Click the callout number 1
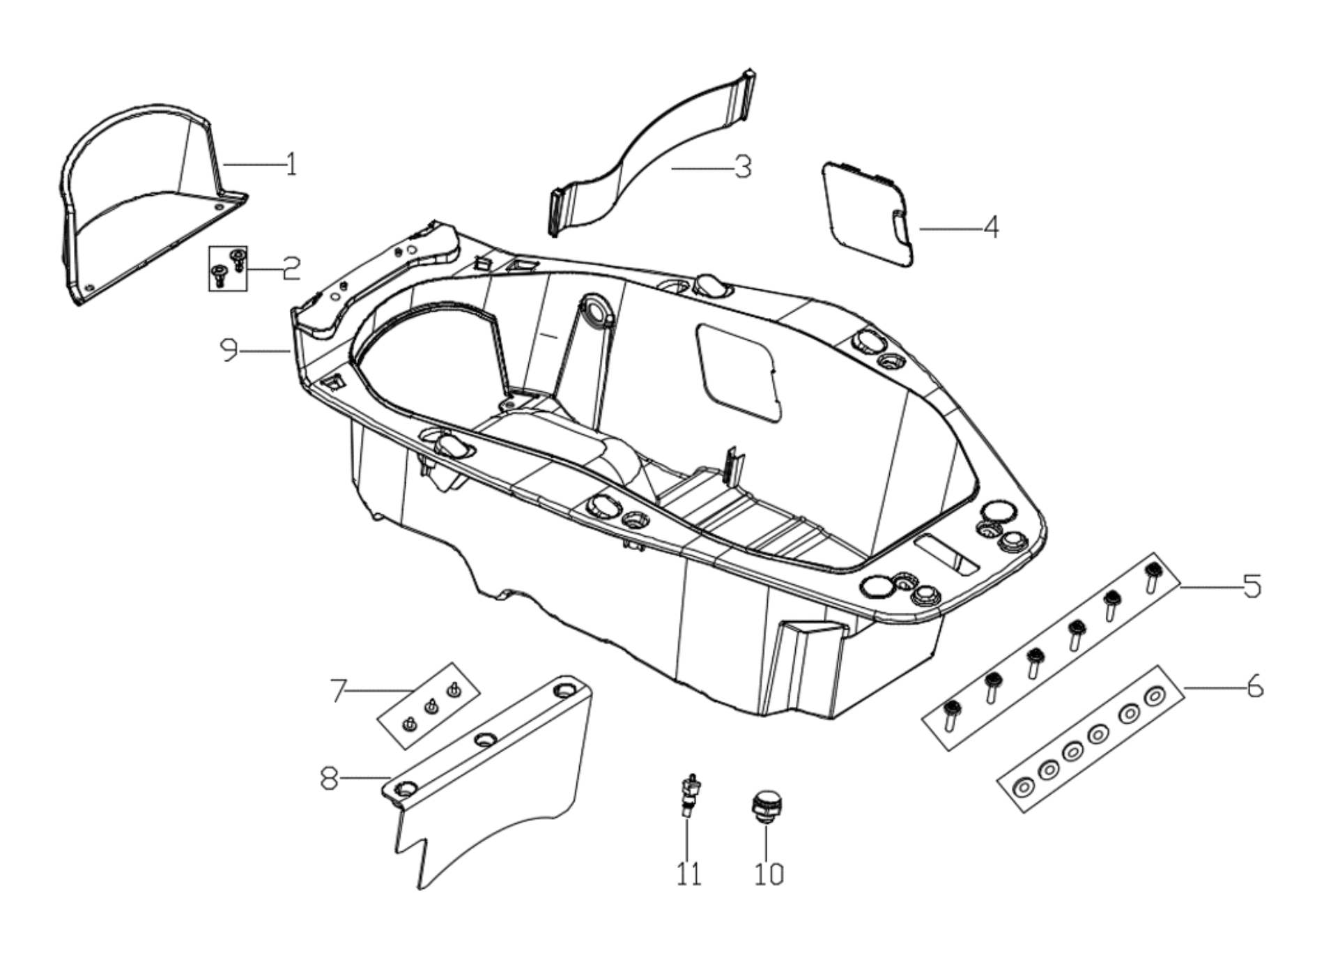pyautogui.click(x=291, y=165)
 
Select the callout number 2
pyautogui.click(x=291, y=268)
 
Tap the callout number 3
pyautogui.click(x=743, y=167)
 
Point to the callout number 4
pyautogui.click(x=990, y=227)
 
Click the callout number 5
pyautogui.click(x=1252, y=586)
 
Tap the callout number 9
pyautogui.click(x=229, y=350)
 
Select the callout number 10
pyautogui.click(x=769, y=874)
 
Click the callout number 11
pyautogui.click(x=688, y=874)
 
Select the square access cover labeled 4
pyautogui.click(x=868, y=213)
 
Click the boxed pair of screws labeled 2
pyautogui.click(x=228, y=268)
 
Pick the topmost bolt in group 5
pyautogui.click(x=1153, y=577)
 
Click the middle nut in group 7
pyautogui.click(x=431, y=708)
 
